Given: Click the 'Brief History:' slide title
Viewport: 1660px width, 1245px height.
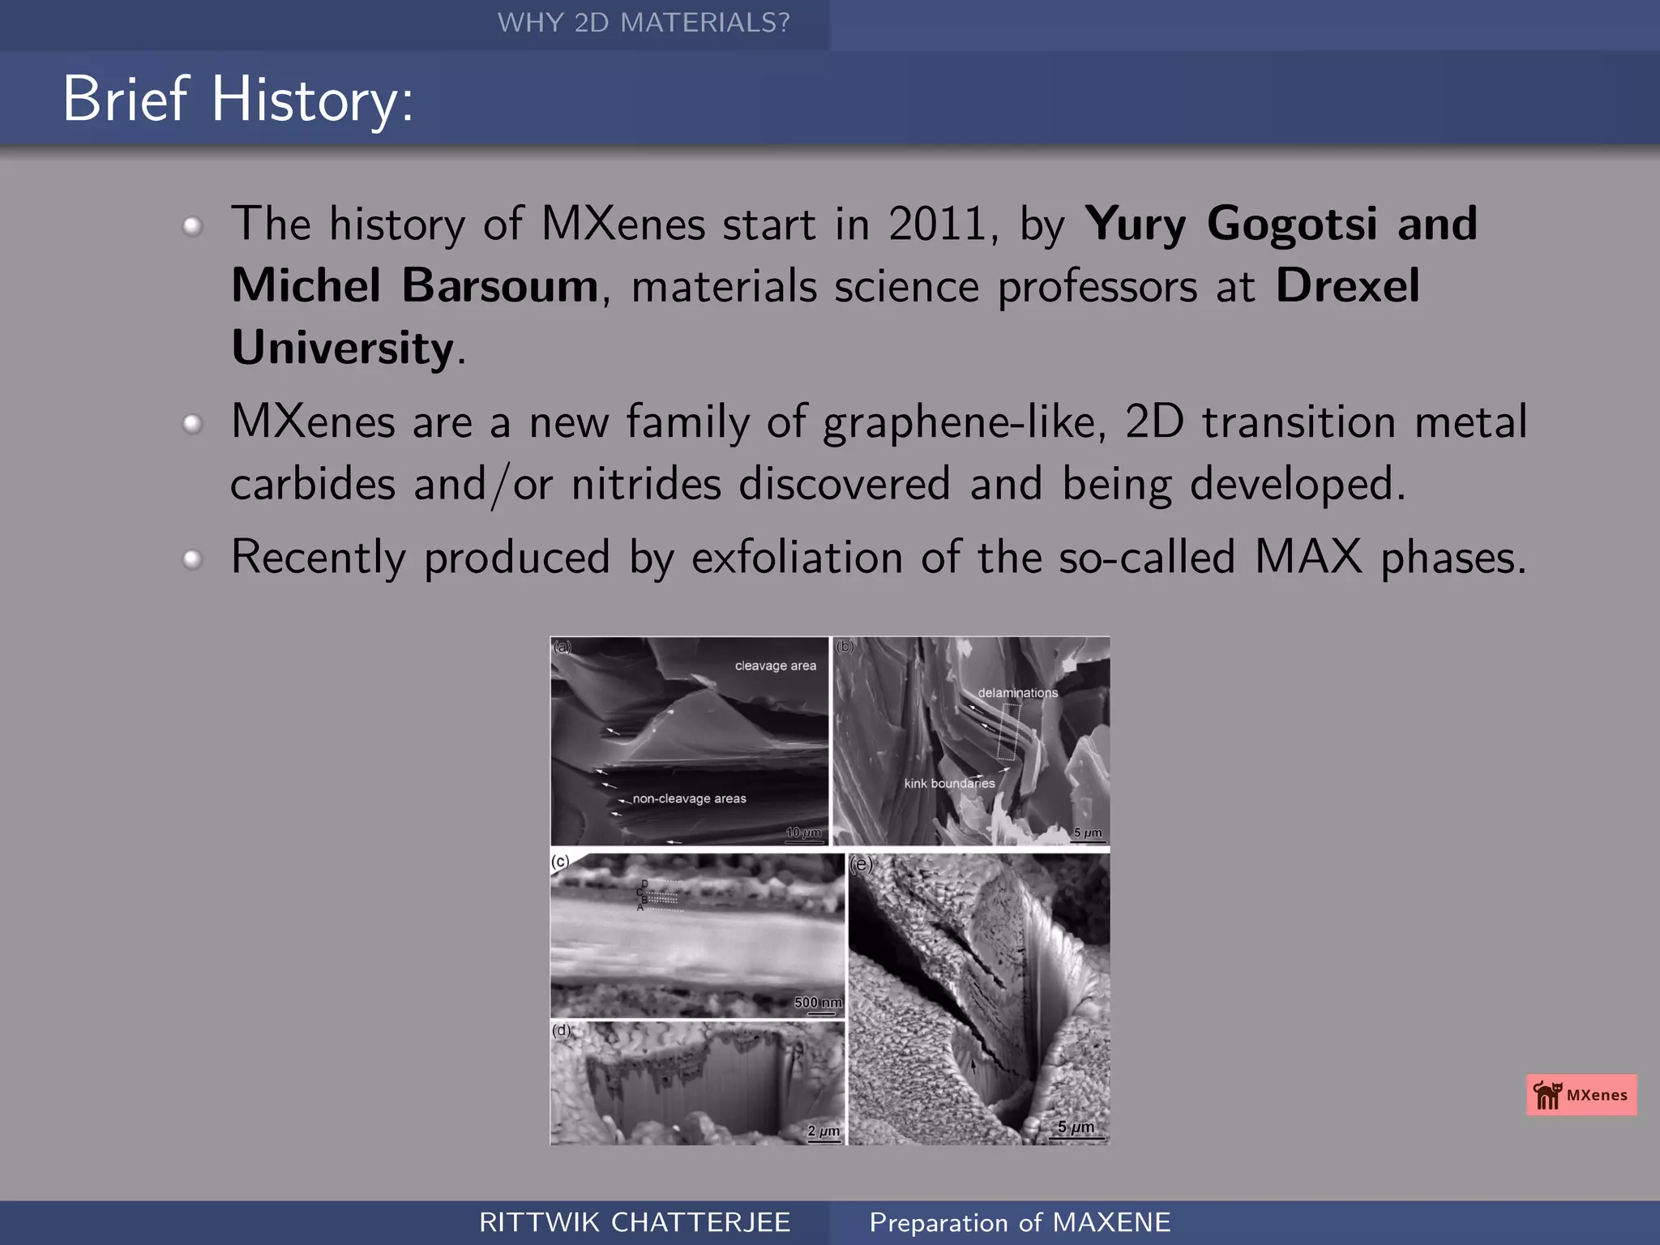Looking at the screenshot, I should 237,99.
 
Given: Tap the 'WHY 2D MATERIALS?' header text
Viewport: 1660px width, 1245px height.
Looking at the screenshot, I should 643,23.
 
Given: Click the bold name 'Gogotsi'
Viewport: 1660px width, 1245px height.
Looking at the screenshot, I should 1293,224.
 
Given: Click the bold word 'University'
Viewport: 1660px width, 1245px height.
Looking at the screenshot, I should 342,348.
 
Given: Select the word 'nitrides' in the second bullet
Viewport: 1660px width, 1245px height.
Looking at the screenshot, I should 646,484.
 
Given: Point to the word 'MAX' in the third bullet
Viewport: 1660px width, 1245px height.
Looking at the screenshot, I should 1308,558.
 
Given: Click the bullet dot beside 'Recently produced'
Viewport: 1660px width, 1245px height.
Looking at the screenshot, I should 192,559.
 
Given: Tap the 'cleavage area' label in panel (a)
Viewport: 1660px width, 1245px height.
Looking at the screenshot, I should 775,665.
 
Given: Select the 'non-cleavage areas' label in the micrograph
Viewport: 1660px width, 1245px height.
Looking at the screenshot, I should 689,798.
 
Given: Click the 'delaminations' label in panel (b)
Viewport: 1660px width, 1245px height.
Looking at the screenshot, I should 1017,693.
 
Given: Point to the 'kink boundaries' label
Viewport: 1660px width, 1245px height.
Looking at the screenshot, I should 949,783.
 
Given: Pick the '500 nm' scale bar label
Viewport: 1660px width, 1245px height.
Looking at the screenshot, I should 818,1003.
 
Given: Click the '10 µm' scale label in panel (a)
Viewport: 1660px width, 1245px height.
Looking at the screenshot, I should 803,832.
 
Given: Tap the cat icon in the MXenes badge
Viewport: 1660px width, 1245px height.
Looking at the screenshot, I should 1547,1095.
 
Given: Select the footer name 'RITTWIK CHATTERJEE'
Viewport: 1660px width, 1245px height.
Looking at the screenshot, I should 635,1222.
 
